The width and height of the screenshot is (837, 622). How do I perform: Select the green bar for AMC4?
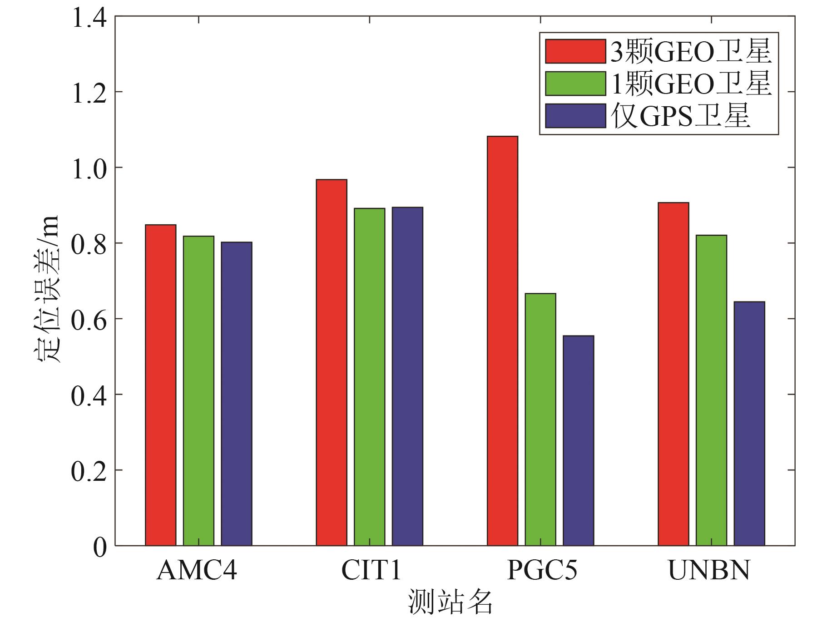[x=198, y=390]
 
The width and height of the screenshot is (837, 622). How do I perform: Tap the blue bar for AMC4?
[x=237, y=394]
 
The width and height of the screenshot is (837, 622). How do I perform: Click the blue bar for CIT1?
[x=407, y=376]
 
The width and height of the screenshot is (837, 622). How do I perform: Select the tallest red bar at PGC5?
[x=502, y=341]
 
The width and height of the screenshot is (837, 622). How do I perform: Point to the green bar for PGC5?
[x=540, y=420]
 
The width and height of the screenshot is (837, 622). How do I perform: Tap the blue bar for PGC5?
[x=578, y=440]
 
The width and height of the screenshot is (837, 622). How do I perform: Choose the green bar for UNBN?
[x=711, y=390]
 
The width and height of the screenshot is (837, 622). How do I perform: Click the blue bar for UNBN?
[x=749, y=424]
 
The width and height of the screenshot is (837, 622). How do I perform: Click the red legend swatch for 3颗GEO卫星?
[x=575, y=51]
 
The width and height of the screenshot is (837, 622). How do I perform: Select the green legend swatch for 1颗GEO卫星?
[x=575, y=84]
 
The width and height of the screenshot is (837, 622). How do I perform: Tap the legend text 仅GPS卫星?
[x=680, y=116]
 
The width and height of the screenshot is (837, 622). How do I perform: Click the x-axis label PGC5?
[x=541, y=571]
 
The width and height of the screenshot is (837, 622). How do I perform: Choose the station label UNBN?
[x=709, y=571]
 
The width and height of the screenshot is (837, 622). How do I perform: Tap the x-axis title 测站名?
[x=450, y=603]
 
